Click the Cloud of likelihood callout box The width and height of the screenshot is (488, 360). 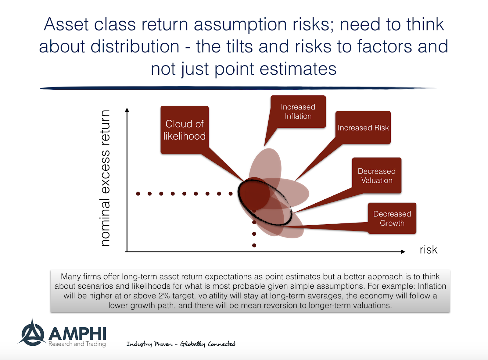point(185,130)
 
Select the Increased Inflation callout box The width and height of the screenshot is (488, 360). point(298,112)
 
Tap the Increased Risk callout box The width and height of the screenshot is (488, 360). point(363,128)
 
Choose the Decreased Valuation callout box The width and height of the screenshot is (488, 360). point(377,176)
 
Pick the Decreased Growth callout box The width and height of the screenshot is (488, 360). point(392,218)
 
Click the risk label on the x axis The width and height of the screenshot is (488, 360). point(428,250)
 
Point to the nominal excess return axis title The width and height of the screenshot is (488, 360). point(105,178)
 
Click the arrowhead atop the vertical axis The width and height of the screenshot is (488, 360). point(127,110)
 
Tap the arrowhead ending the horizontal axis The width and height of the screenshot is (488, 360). point(403,251)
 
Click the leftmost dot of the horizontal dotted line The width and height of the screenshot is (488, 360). point(138,194)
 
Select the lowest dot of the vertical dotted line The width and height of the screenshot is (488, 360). point(254,245)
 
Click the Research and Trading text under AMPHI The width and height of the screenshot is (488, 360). point(77,344)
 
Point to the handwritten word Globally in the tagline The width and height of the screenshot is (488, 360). point(192,344)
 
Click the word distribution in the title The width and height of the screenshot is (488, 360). point(135,47)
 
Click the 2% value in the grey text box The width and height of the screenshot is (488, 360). point(164,296)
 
